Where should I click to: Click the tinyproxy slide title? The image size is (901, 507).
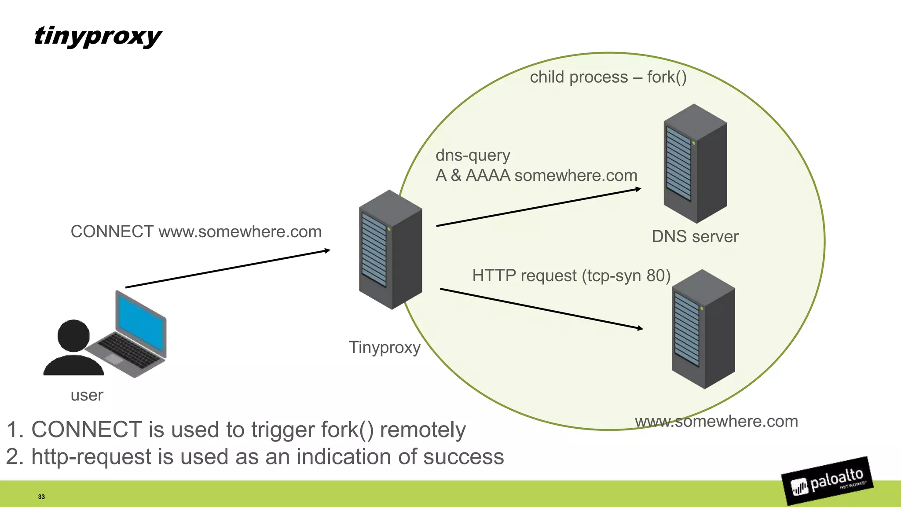coord(98,36)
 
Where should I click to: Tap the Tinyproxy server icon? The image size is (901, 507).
coord(390,250)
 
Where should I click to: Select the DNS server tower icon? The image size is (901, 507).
coord(695,164)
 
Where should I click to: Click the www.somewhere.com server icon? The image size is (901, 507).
coord(703,329)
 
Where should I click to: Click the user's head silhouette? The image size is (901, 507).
coord(73,335)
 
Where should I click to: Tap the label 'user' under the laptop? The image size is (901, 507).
coord(87,395)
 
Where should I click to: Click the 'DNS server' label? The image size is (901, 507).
coord(695,237)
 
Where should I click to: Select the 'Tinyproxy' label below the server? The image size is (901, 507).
coord(385,348)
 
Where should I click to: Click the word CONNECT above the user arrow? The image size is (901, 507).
coord(112,232)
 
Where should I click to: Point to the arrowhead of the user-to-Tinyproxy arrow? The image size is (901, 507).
coord(327,250)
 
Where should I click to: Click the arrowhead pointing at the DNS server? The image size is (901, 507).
coord(638,189)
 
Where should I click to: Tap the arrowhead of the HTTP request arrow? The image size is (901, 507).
coord(640,328)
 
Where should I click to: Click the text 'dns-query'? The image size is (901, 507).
coord(472,155)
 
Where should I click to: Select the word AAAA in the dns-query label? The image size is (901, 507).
coord(488,176)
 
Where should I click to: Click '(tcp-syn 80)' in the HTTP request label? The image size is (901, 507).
coord(626,276)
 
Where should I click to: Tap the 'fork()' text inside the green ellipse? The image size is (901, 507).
coord(667,77)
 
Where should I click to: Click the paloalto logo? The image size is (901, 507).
coord(828,481)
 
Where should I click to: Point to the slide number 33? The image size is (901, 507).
coord(41,497)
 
